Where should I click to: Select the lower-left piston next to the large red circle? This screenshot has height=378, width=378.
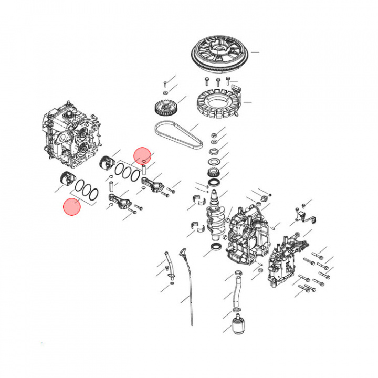66,178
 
